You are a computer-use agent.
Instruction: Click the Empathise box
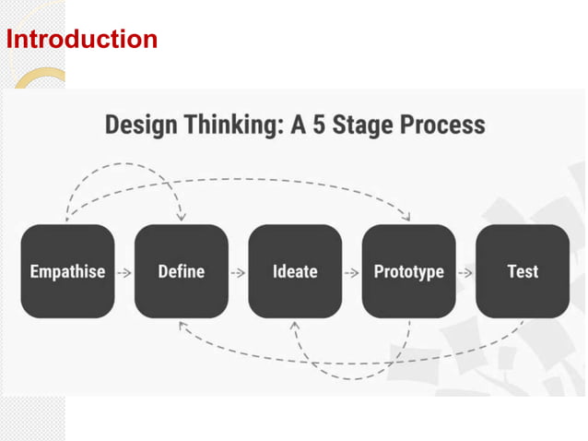point(67,271)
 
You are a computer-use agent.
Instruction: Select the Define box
point(181,271)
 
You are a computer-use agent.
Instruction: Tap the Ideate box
point(295,271)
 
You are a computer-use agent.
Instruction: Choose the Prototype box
point(408,271)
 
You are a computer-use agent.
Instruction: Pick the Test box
point(522,271)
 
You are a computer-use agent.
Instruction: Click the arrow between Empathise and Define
point(124,272)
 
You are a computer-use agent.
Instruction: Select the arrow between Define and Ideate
point(238,272)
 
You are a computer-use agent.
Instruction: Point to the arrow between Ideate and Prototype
point(351,272)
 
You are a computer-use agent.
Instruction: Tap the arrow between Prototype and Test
point(465,272)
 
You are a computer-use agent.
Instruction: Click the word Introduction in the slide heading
point(82,40)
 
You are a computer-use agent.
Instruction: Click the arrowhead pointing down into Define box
point(181,216)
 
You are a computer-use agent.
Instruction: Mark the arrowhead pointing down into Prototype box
point(407,216)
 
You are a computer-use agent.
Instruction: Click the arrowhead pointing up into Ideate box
point(294,327)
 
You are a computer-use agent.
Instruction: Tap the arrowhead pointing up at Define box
point(182,326)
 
